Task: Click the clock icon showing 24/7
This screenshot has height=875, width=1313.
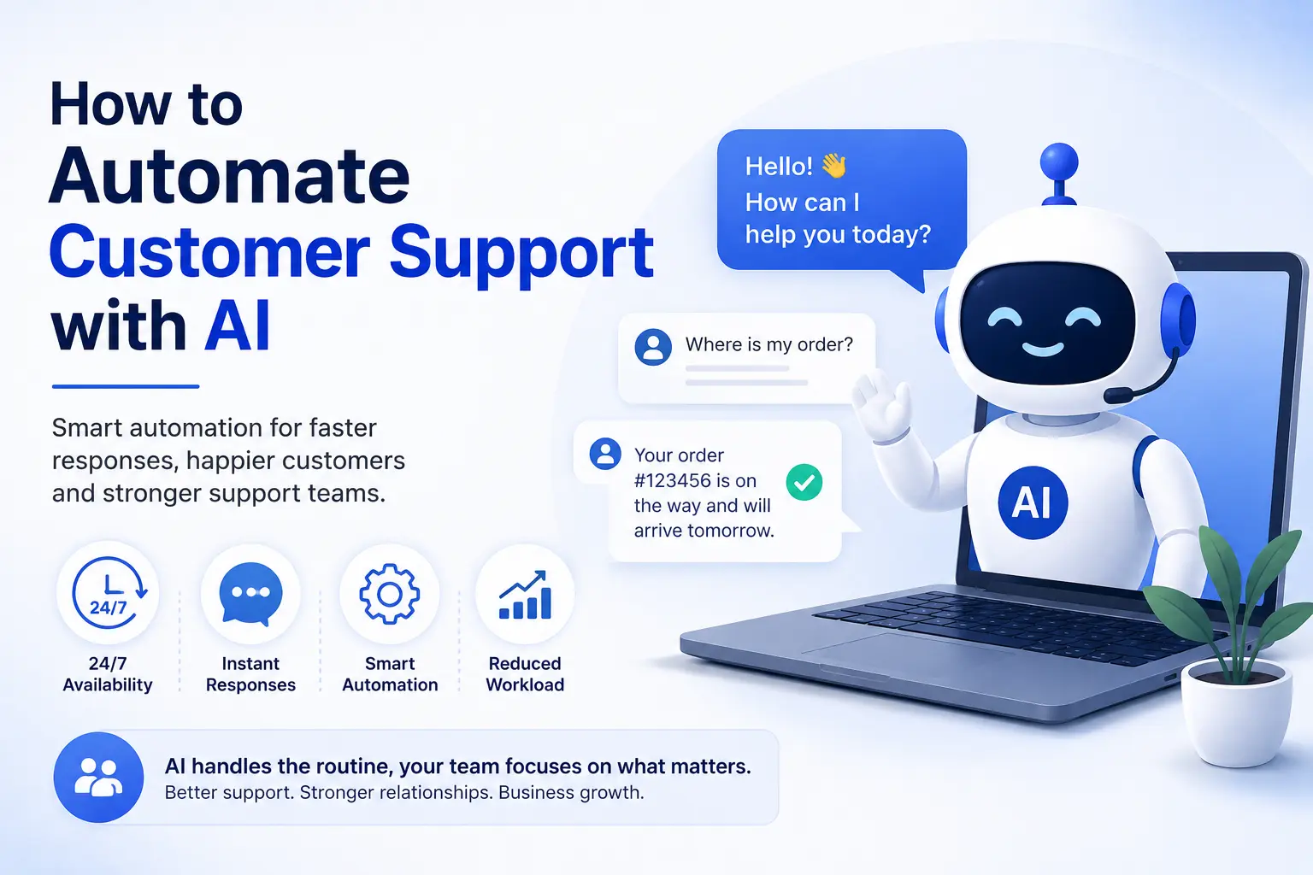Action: coord(109,593)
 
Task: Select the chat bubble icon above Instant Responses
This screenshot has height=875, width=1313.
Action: coord(250,594)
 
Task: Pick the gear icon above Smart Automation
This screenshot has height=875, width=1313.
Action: coord(389,594)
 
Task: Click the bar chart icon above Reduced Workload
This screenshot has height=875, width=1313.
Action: coord(525,595)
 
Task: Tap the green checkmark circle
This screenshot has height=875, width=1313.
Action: coord(804,482)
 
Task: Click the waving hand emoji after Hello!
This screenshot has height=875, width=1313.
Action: coord(834,166)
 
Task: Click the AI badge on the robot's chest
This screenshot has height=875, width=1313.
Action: coord(1033,502)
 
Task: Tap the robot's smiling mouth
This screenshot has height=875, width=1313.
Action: coord(1043,349)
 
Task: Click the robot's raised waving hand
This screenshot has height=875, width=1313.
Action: coord(882,404)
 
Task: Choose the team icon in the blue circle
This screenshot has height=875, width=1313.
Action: coord(98,777)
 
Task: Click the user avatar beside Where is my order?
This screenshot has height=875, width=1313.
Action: coord(653,347)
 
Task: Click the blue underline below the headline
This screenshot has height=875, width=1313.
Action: coord(126,386)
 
